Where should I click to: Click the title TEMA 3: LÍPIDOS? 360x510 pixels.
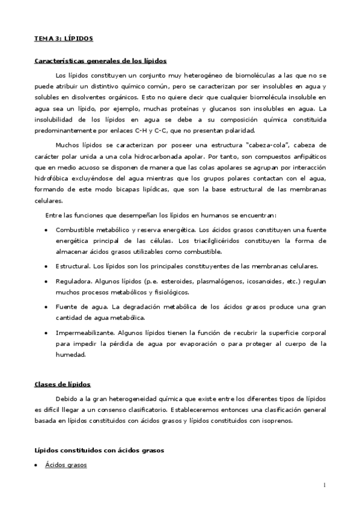click(63, 38)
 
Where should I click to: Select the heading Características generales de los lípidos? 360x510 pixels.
click(100, 61)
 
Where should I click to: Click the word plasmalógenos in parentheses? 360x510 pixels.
click(199, 281)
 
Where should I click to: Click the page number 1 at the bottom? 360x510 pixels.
click(325, 485)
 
